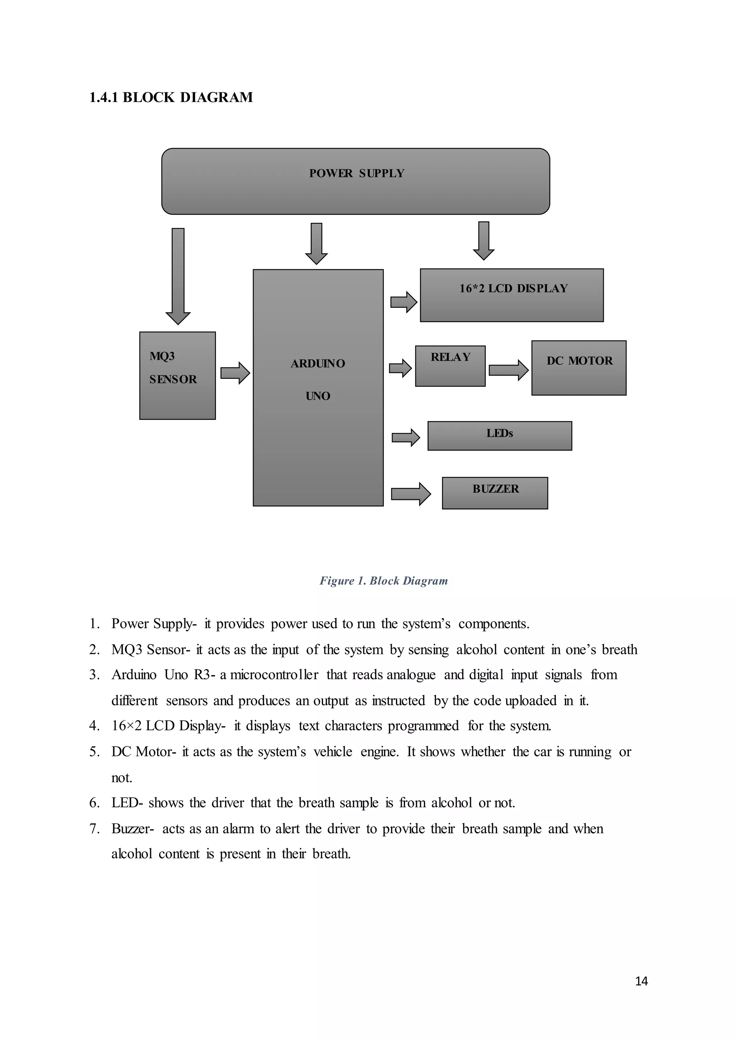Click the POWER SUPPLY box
356,182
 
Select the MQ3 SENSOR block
177,375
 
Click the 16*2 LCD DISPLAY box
512,295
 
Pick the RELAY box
450,366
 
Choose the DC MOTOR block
579,368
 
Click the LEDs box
500,436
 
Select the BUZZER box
495,493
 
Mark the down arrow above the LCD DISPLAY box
484,241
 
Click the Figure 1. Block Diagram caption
383,581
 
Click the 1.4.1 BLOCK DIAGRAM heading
171,97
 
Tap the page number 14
641,981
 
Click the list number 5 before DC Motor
94,752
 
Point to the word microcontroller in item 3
274,675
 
